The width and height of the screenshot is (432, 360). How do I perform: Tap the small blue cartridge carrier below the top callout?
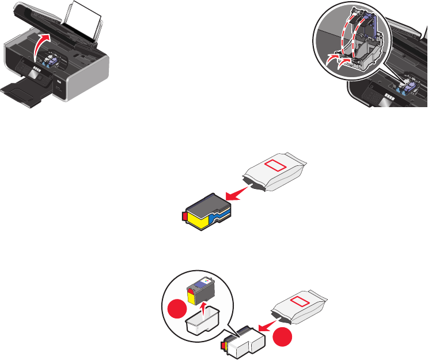pos(403,90)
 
